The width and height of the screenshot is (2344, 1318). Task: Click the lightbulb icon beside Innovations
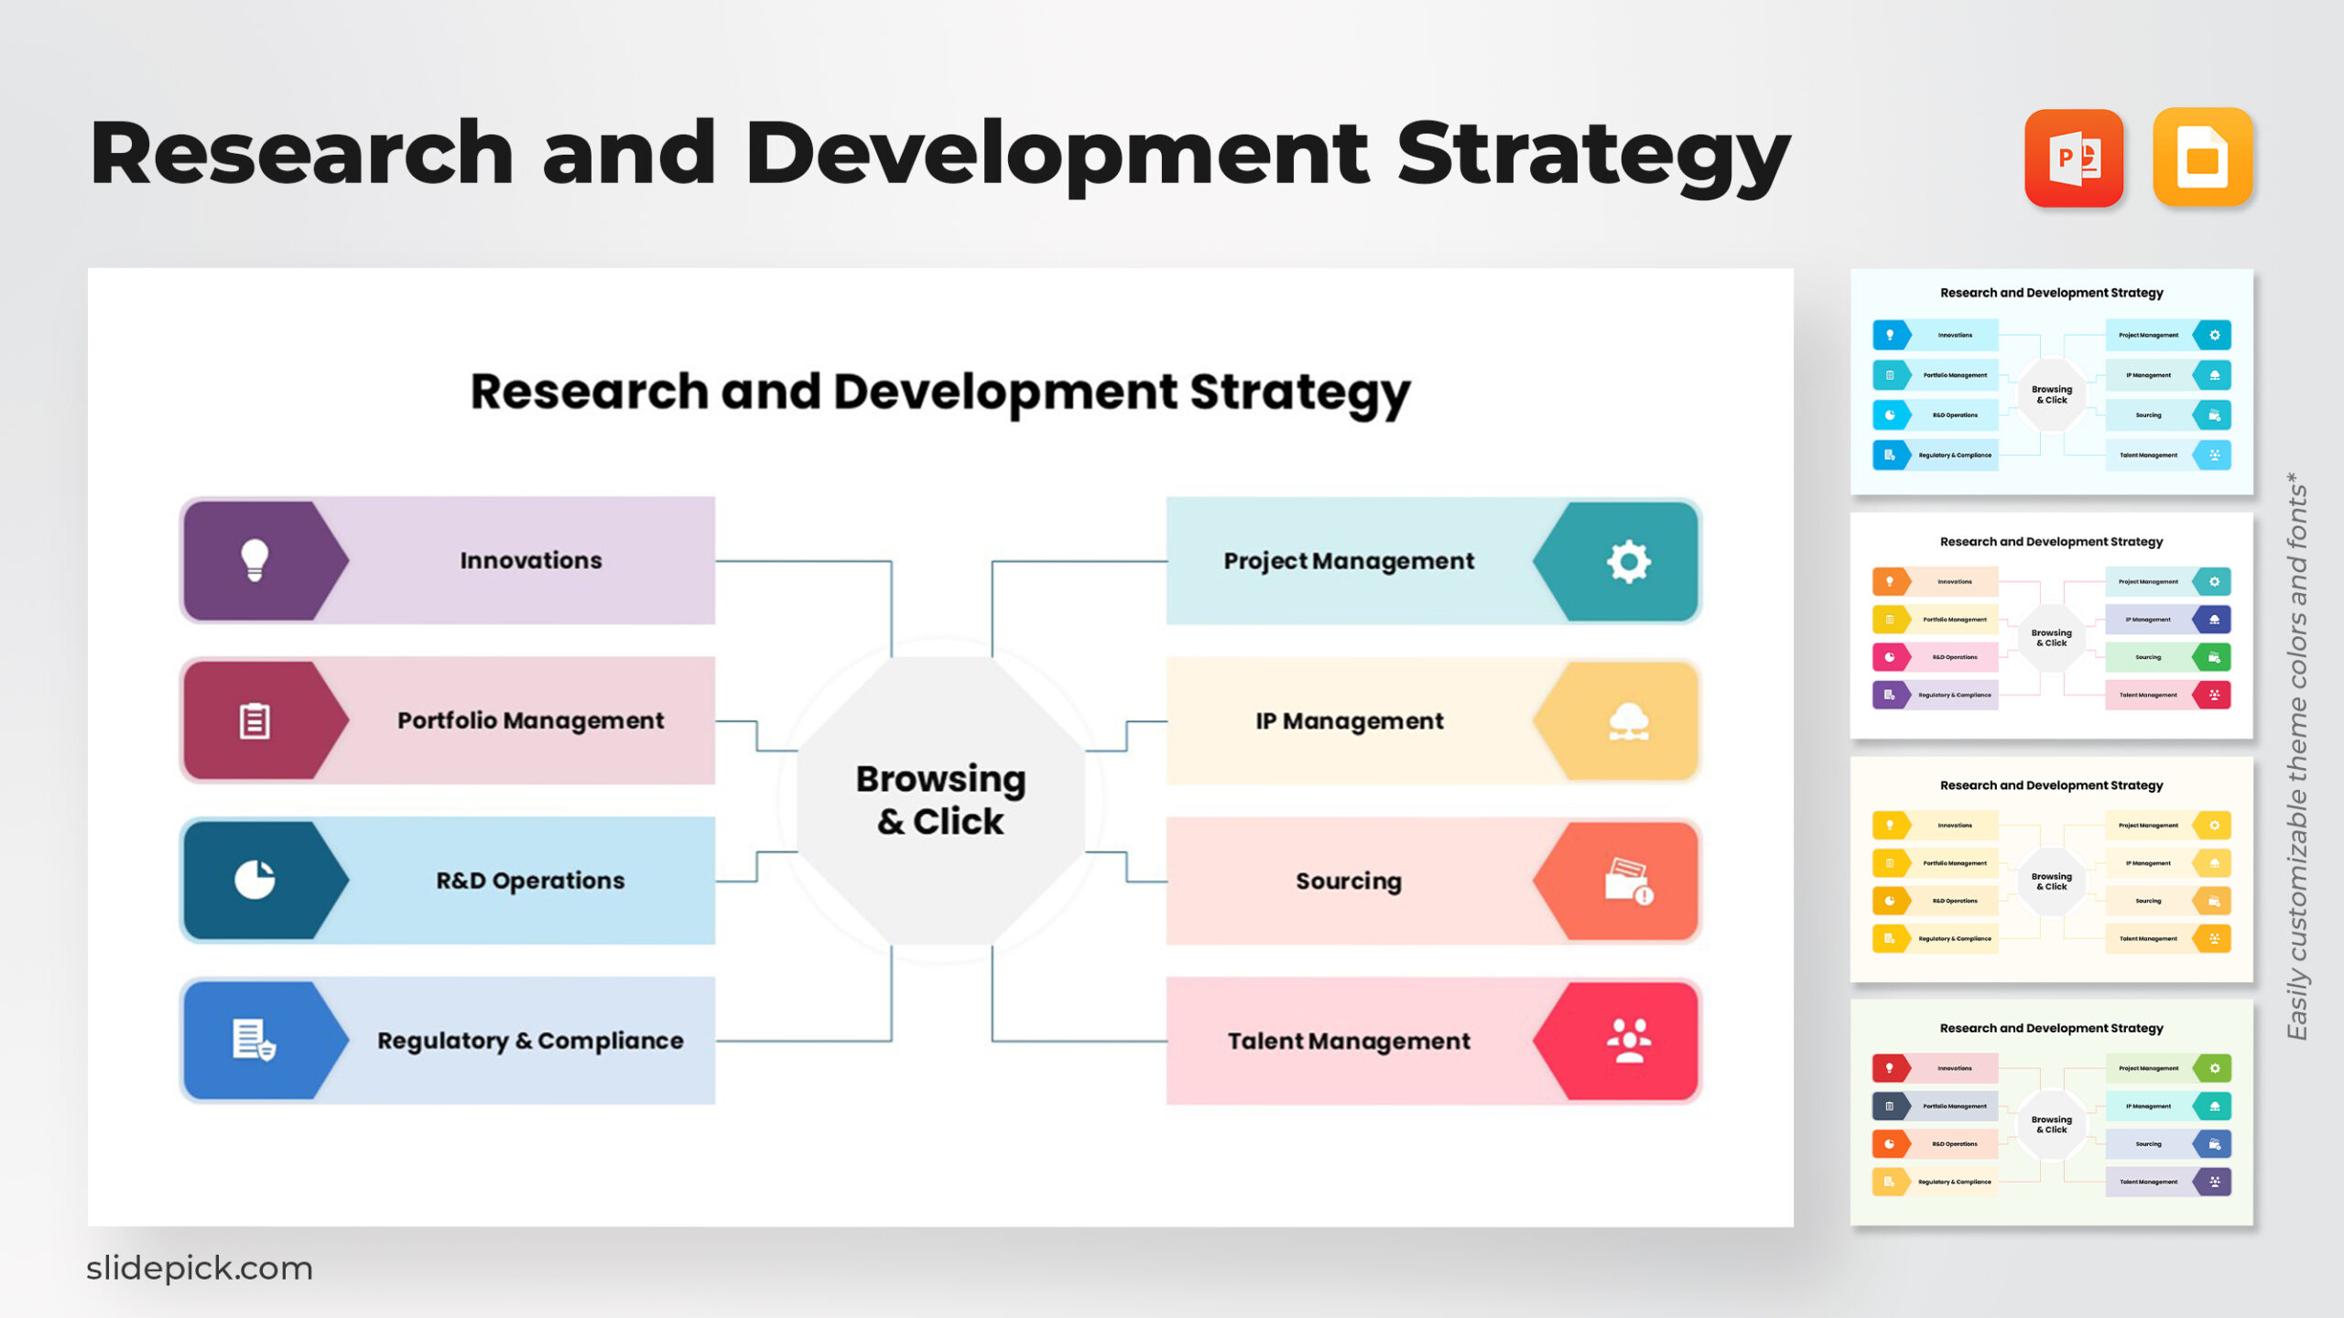pyautogui.click(x=255, y=560)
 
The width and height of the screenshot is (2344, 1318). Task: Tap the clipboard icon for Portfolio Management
pyautogui.click(x=255, y=721)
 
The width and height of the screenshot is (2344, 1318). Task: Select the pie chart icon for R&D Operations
pyautogui.click(x=255, y=880)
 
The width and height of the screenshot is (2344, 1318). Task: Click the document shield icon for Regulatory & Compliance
pyautogui.click(x=255, y=1041)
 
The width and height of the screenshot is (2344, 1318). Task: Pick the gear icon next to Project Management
pyautogui.click(x=1628, y=561)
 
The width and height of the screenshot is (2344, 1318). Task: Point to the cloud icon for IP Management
pyautogui.click(x=1628, y=721)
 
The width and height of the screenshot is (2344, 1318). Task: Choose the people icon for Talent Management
pyautogui.click(x=1628, y=1041)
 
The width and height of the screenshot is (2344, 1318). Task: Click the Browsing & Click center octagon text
pyautogui.click(x=940, y=800)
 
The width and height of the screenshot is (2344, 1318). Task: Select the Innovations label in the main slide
pyautogui.click(x=531, y=560)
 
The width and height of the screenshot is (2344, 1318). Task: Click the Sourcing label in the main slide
pyautogui.click(x=1348, y=881)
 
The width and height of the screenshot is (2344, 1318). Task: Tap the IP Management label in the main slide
pyautogui.click(x=1349, y=721)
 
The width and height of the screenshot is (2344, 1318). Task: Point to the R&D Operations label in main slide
pyautogui.click(x=530, y=880)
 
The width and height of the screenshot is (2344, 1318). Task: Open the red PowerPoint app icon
pyautogui.click(x=2073, y=158)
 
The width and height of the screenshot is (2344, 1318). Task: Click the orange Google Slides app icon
pyautogui.click(x=2202, y=158)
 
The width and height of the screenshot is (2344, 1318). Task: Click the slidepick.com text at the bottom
pyautogui.click(x=200, y=1269)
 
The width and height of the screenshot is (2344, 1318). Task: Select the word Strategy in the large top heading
pyautogui.click(x=1593, y=156)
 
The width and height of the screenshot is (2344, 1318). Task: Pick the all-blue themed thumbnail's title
pyautogui.click(x=2051, y=293)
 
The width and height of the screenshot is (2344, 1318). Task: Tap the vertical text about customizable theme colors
pyautogui.click(x=2296, y=756)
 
